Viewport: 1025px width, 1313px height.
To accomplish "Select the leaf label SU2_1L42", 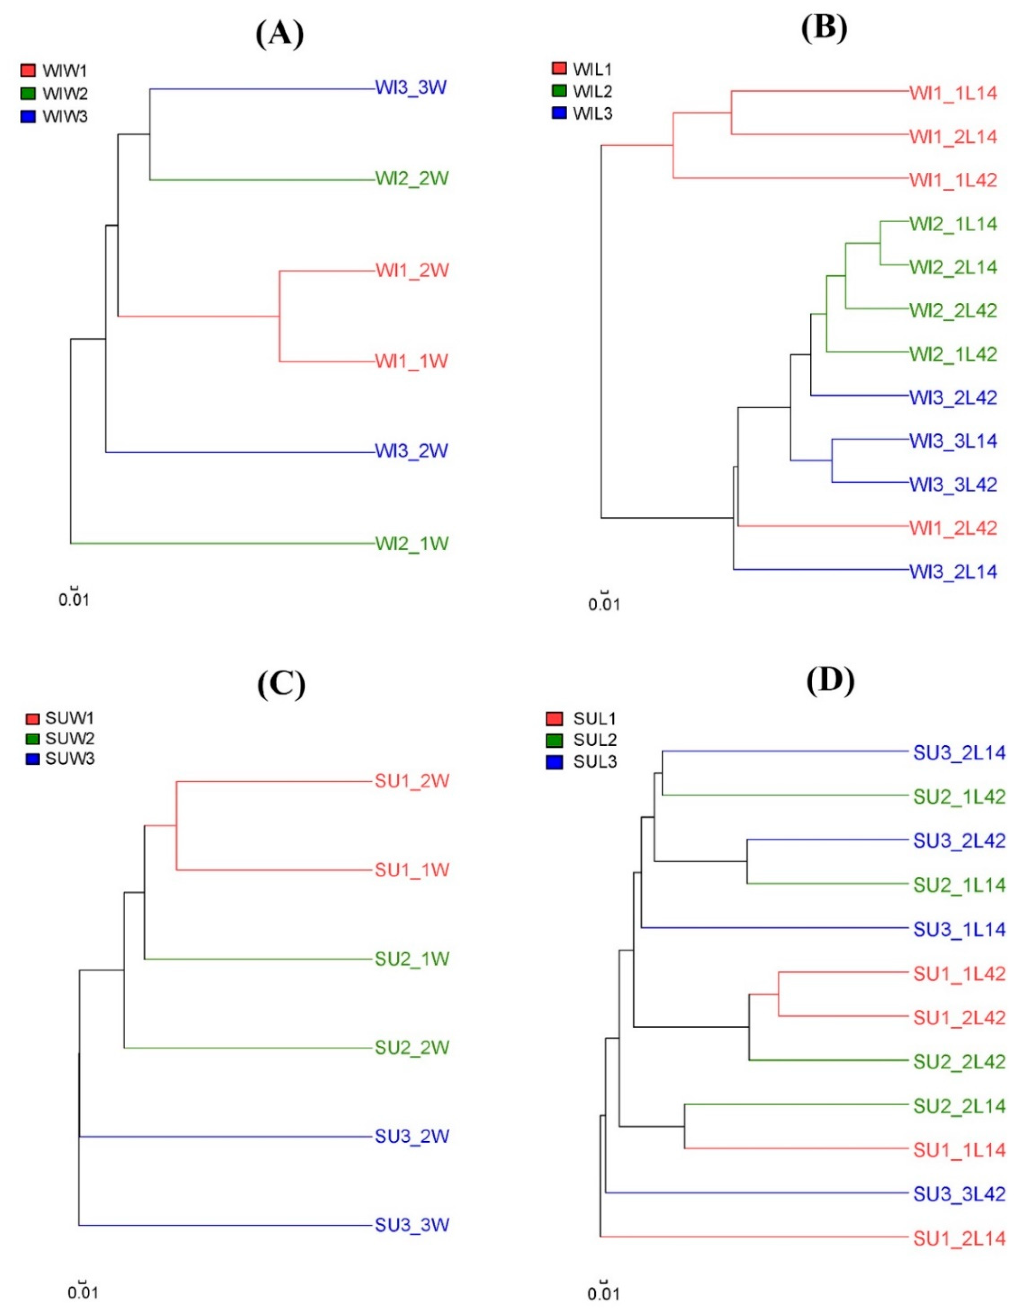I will (960, 797).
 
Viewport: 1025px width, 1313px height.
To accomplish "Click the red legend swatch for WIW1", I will (28, 70).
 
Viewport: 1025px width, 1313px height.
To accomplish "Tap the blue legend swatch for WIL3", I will (559, 113).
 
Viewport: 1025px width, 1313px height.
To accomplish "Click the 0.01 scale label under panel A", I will (74, 600).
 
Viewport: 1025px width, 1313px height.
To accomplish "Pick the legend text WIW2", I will (65, 94).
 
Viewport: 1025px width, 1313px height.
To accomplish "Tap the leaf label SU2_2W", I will (412, 1047).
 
